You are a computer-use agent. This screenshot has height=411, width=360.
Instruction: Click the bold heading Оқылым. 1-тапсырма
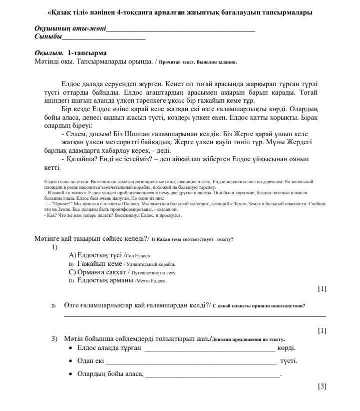[71, 53]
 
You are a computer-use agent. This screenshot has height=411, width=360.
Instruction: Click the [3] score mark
[322, 386]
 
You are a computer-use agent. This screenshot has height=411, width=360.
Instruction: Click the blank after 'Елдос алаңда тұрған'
[210, 349]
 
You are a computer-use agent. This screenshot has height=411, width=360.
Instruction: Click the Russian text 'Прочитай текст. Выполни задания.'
[198, 62]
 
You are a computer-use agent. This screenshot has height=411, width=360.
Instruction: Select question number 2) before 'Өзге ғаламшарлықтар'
[53, 306]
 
